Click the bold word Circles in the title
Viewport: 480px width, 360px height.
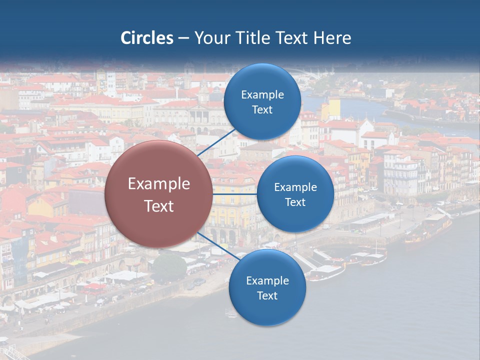coord(147,38)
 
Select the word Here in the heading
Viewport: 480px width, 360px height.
coord(332,38)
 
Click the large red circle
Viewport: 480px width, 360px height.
coord(158,194)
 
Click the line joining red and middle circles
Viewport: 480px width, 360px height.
coord(234,194)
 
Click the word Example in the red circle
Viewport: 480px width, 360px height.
coord(159,184)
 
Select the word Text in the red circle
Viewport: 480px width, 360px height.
coord(159,206)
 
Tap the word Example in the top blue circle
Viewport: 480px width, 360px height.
coord(262,95)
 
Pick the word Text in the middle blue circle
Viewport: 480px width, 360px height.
coord(295,202)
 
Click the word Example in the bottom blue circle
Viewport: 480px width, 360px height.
coord(267,281)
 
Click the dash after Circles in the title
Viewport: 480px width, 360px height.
coord(183,38)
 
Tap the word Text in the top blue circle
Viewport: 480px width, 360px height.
coord(262,109)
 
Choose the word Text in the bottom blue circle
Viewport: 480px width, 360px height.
coord(267,295)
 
